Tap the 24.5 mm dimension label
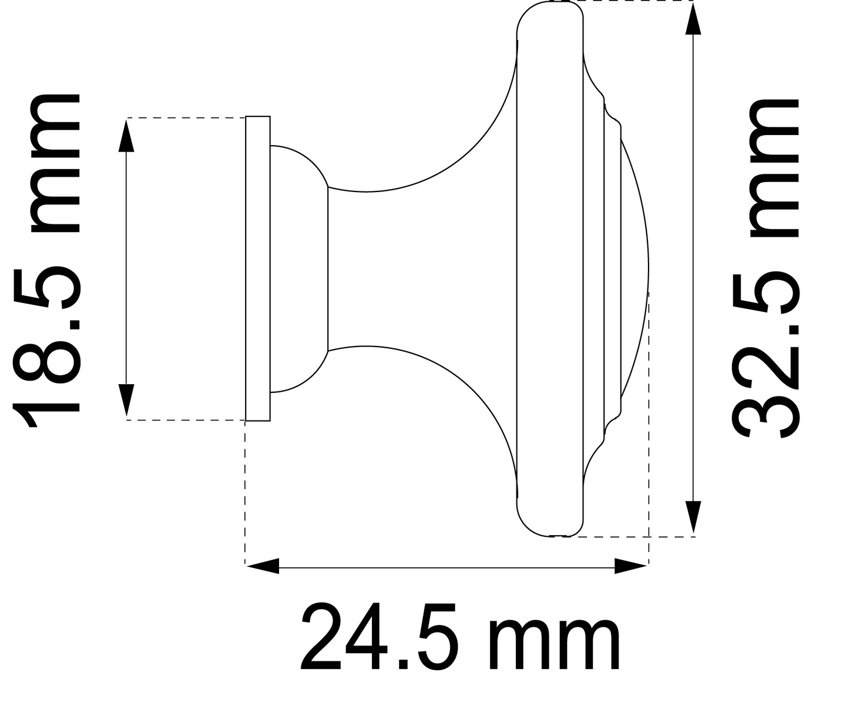point(460,637)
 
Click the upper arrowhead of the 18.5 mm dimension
point(126,135)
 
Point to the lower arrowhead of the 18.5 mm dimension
point(126,401)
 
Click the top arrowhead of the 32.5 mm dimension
point(693,19)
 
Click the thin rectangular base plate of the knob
point(258,268)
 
